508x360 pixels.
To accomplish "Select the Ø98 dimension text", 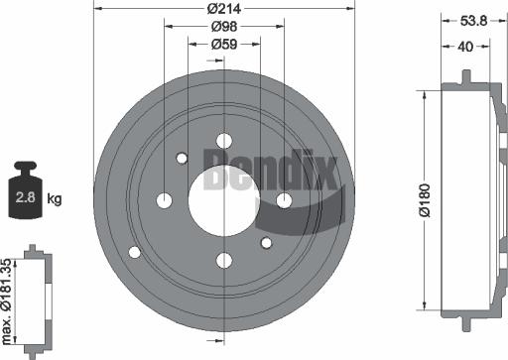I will [223, 27].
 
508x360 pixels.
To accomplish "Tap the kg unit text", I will [55, 198].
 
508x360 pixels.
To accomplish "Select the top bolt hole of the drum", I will [223, 140].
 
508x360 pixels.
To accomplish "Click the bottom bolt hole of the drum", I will [223, 261].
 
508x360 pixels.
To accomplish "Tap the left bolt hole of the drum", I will [164, 200].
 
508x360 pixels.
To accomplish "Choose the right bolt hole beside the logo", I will [284, 200].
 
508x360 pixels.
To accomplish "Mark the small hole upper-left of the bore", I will [182, 158].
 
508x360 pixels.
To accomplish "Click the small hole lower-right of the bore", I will [265, 242].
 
